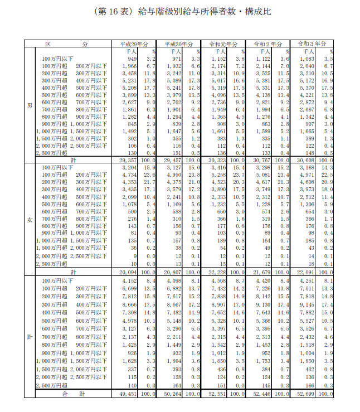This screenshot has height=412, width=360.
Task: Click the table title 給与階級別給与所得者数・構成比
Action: (x=180, y=12)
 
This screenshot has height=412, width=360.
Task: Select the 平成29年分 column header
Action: (x=134, y=43)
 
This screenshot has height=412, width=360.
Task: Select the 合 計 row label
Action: (x=72, y=394)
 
